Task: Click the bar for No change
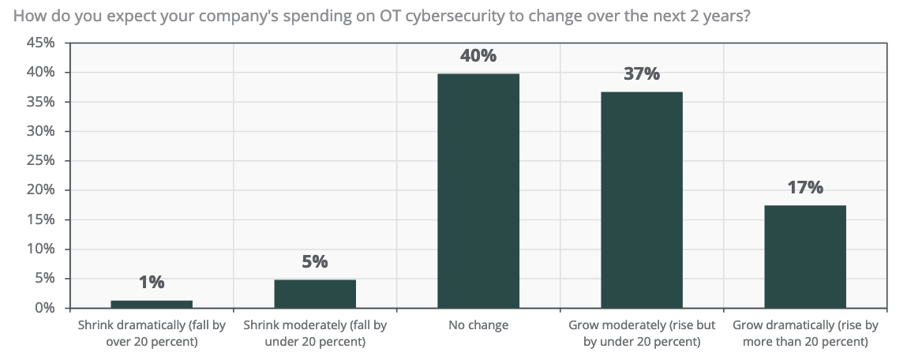478,190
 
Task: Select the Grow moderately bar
641,200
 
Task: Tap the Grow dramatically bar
804,257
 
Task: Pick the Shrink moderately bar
315,294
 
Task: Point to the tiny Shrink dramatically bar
152,304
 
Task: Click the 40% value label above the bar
478,56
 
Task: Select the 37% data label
641,74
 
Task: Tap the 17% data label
804,188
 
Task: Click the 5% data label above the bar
315,262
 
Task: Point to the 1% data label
152,282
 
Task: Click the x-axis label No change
478,325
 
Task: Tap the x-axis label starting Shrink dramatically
152,333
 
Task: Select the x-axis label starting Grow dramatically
804,333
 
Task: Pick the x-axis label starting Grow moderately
641,333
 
